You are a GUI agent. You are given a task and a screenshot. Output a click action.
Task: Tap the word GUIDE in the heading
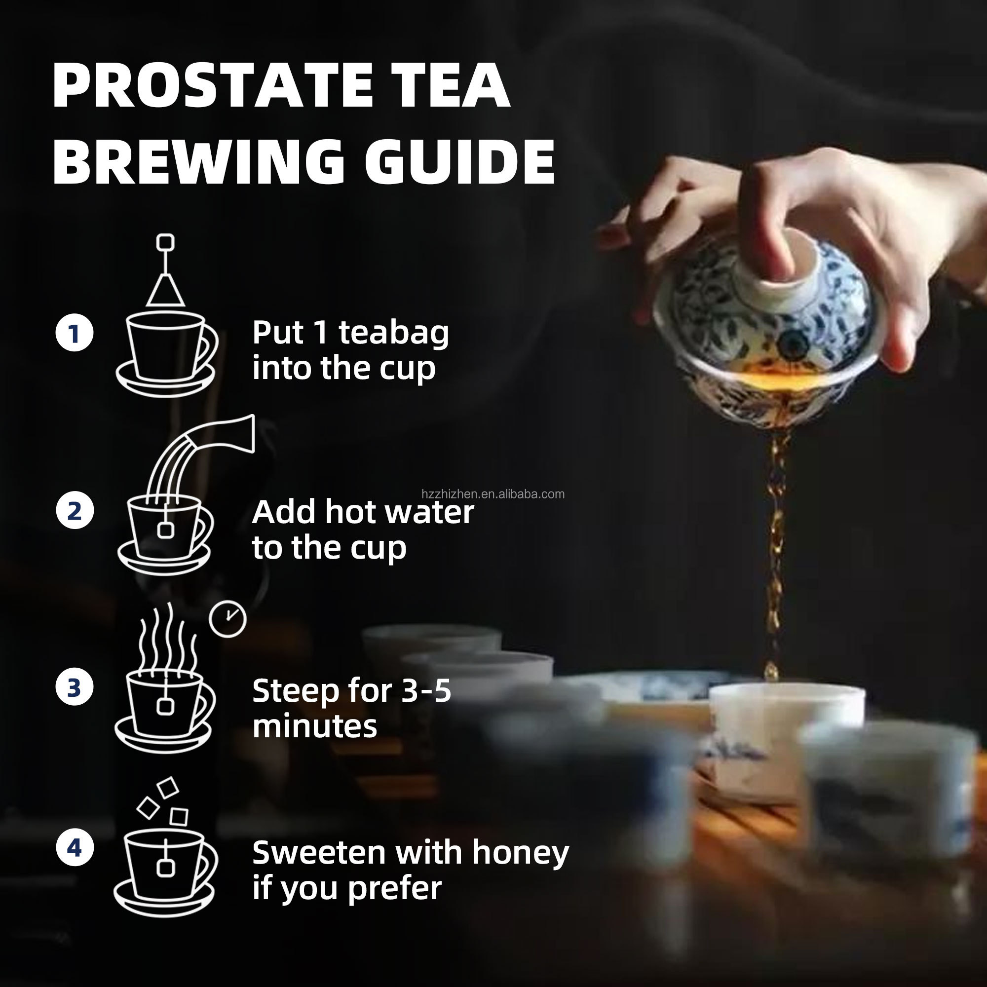tap(460, 161)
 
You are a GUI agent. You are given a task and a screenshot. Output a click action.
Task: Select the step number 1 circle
tap(75, 333)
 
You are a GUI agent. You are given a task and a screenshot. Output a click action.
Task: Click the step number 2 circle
tap(75, 510)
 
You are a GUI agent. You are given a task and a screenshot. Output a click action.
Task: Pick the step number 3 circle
tap(75, 687)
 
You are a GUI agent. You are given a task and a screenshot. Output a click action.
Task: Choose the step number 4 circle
tap(75, 848)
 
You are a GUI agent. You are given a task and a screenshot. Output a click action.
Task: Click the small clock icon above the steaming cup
tap(228, 619)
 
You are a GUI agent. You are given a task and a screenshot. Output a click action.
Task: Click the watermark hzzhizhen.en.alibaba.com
tap(493, 494)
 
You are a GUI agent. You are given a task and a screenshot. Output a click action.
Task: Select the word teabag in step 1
tap(394, 334)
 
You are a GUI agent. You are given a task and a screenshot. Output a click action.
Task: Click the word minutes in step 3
tap(315, 726)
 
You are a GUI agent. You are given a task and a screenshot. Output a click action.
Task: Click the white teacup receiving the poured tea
tap(787, 736)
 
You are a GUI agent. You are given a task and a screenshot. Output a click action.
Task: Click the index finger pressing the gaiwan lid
tap(766, 220)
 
